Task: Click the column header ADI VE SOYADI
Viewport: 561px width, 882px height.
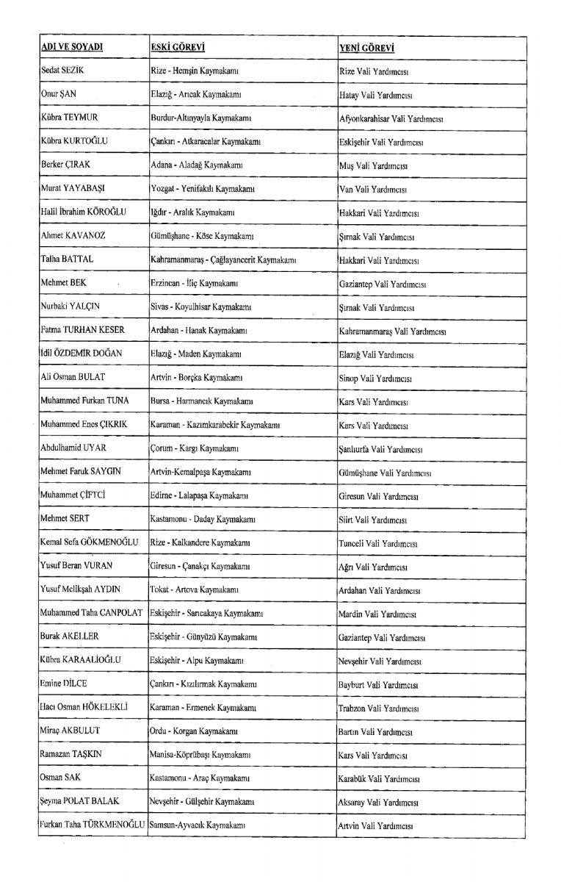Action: (x=71, y=48)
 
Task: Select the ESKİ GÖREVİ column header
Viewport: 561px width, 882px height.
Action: (x=176, y=48)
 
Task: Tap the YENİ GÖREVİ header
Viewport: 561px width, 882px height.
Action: (x=366, y=48)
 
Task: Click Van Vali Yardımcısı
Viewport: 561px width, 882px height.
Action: (x=372, y=190)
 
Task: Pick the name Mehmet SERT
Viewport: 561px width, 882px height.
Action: (x=65, y=520)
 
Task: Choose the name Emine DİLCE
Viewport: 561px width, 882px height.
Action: (x=63, y=684)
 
